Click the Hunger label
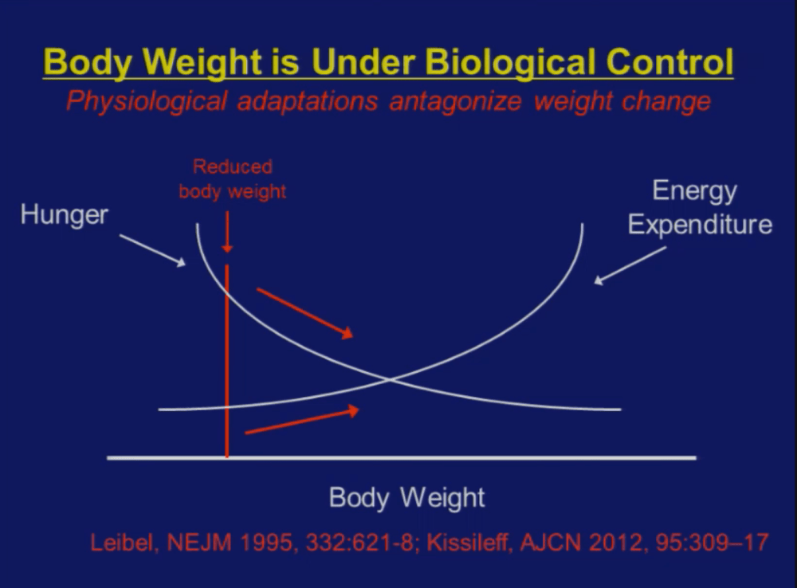pos(64,214)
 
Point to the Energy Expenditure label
pos(699,207)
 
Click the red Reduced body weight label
pos(232,179)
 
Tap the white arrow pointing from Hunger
pos(152,249)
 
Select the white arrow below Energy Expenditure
pos(630,265)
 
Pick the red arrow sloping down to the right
pos(304,313)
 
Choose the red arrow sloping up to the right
pos(302,421)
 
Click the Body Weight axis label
pos(406,498)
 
